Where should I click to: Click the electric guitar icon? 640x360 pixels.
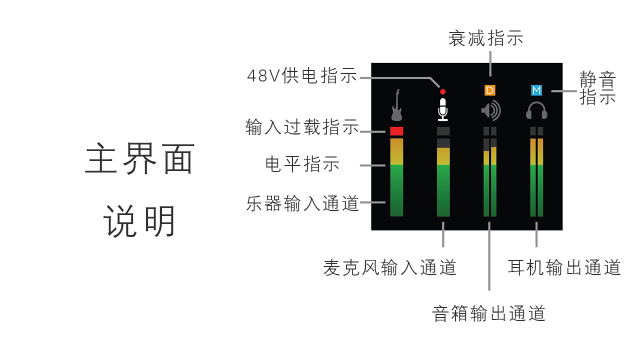[x=396, y=105]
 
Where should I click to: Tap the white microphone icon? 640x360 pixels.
[x=442, y=109]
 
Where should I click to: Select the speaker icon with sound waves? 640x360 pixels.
[x=490, y=110]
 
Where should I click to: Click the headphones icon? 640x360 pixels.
[x=536, y=110]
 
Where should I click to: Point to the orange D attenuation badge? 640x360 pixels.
[x=490, y=90]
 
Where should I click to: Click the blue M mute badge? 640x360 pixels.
[x=536, y=90]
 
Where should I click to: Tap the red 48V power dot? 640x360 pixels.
[x=442, y=92]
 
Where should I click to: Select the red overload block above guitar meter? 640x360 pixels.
[x=396, y=131]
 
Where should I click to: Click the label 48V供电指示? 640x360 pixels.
[x=302, y=76]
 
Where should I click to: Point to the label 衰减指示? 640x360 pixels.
[x=485, y=38]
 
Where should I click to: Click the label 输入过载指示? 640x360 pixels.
[x=302, y=127]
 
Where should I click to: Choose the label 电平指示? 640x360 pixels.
[x=302, y=164]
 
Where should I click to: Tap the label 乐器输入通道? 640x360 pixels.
[x=302, y=203]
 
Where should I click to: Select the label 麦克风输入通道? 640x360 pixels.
[x=390, y=268]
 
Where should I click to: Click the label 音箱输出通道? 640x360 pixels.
[x=488, y=313]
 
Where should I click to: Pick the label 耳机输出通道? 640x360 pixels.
[x=564, y=267]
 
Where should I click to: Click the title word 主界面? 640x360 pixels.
[x=140, y=158]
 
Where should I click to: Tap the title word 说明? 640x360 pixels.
[x=140, y=221]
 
